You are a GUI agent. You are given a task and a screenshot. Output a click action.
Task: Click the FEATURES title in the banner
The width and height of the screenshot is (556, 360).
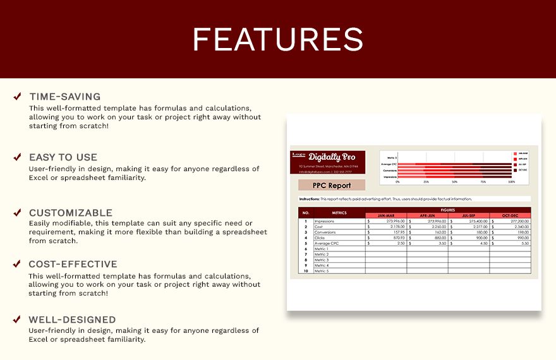[x=278, y=39]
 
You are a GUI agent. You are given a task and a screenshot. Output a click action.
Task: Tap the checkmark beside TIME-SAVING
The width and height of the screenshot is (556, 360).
[x=17, y=97]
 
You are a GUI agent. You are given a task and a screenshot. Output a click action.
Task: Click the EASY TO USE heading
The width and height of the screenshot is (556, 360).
[x=63, y=157]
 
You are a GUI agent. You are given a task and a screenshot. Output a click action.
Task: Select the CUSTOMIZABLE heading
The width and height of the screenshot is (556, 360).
[x=71, y=213]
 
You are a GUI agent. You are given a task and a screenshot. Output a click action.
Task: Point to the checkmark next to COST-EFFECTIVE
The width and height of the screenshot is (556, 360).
[x=17, y=264]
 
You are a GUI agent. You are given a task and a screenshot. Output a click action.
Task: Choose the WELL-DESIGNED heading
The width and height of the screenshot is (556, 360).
[x=72, y=320]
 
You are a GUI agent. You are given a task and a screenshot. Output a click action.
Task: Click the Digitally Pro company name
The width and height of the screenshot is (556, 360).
[x=332, y=157]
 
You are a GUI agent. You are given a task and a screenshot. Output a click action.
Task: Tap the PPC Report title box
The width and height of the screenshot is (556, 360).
[x=332, y=186]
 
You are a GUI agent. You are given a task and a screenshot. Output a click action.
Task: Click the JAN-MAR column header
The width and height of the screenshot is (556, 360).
[x=385, y=215]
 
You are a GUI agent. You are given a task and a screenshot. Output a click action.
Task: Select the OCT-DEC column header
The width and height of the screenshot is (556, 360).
[x=510, y=215]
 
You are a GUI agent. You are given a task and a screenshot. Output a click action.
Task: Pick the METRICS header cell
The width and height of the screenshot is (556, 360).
[x=339, y=213]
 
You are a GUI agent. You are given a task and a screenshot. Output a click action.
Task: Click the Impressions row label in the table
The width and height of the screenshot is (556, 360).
[x=325, y=221]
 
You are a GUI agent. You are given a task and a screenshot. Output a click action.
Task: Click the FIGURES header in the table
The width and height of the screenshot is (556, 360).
[x=448, y=210]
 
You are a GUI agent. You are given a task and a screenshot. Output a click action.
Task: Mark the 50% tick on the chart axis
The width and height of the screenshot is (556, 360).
[x=454, y=182]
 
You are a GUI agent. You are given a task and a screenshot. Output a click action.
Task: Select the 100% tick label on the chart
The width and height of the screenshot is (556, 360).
[x=511, y=182]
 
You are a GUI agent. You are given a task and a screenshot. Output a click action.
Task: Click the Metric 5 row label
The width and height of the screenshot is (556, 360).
[x=322, y=271]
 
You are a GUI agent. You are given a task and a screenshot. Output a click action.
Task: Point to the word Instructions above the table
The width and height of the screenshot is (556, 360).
[x=310, y=199]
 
